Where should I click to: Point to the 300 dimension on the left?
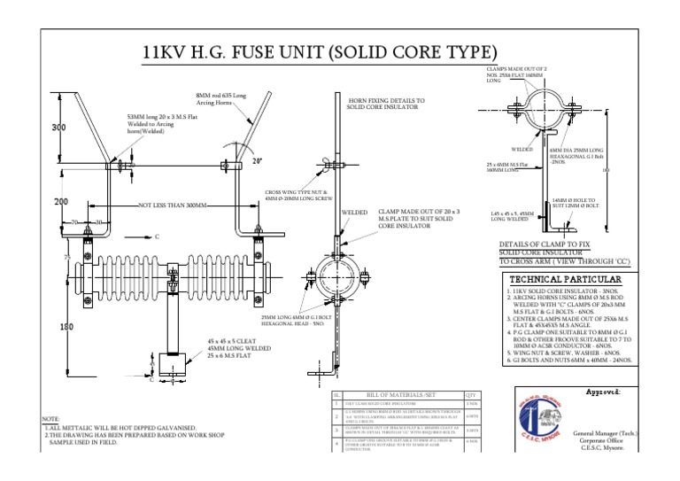[59, 128]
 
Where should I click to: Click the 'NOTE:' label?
[53, 417]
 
